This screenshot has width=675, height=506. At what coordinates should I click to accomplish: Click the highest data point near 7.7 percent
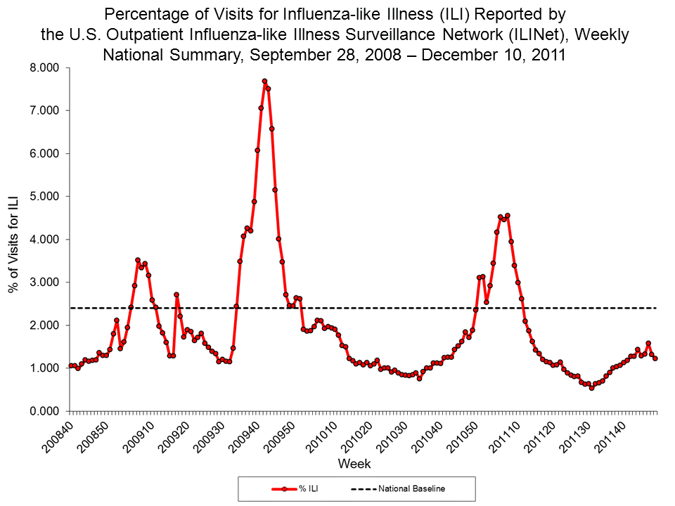pyautogui.click(x=264, y=82)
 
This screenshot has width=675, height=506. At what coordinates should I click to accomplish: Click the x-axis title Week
pyautogui.click(x=354, y=464)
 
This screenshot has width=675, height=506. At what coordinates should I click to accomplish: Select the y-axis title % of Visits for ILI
pyautogui.click(x=15, y=239)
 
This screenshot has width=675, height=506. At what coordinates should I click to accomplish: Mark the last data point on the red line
pyautogui.click(x=655, y=358)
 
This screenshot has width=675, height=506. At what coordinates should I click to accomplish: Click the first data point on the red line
pyautogui.click(x=70, y=365)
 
